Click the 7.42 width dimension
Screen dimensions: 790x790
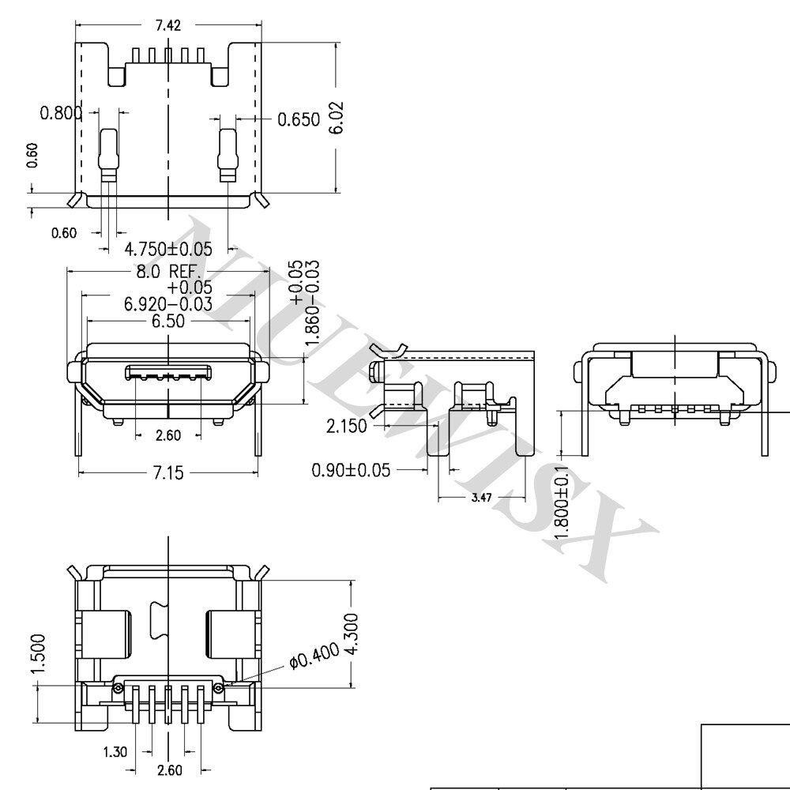point(168,25)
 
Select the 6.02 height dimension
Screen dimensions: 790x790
point(336,118)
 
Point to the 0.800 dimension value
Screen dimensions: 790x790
point(61,113)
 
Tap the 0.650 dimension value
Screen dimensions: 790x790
point(299,119)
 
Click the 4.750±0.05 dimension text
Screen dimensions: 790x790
point(168,249)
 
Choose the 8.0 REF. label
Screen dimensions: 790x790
point(169,272)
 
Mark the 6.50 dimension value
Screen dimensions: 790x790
point(168,321)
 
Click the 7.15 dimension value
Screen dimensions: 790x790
point(168,473)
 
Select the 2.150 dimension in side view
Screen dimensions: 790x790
point(347,427)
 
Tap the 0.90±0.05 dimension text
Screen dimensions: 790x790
point(352,470)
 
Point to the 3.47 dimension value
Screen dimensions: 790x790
point(482,498)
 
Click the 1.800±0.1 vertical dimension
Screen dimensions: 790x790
point(562,502)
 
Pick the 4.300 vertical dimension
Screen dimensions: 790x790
point(351,634)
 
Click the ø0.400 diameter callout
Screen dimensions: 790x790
point(315,656)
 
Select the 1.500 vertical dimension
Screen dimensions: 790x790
point(38,653)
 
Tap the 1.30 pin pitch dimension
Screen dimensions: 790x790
point(115,752)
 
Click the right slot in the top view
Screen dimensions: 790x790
point(228,155)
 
